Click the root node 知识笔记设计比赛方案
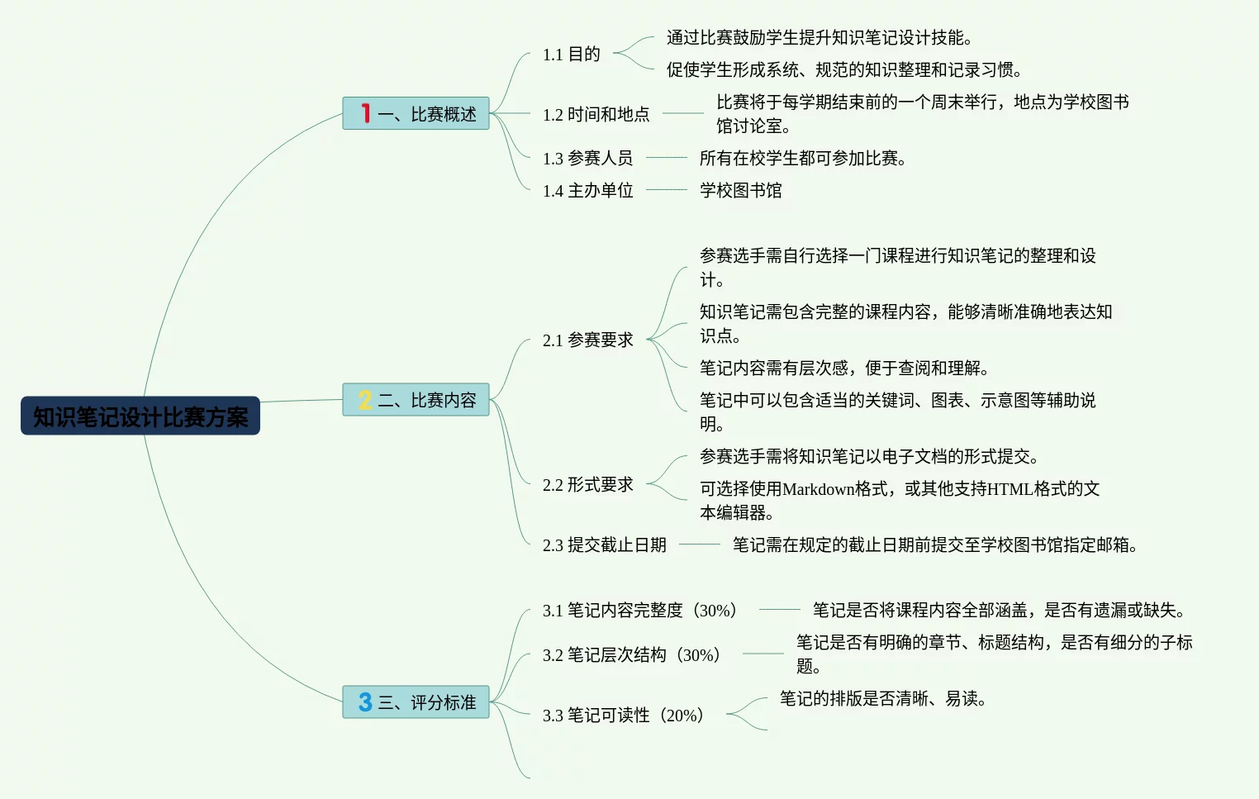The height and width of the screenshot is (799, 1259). [x=140, y=416]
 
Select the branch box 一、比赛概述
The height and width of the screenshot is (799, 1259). [x=416, y=113]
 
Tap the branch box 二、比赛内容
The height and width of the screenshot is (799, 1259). [x=416, y=400]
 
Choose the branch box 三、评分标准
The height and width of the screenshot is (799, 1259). [x=416, y=702]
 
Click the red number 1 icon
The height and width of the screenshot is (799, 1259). [x=365, y=113]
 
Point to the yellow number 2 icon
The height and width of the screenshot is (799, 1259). [x=365, y=400]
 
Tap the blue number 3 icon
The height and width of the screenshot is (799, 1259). [x=365, y=702]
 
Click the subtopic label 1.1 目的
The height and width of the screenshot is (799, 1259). [x=571, y=55]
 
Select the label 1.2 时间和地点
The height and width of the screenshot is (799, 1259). [x=596, y=114]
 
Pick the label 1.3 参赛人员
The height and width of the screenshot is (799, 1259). [x=587, y=158]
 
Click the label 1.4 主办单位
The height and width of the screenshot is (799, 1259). [x=587, y=191]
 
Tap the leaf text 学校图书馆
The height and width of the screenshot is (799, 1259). [x=740, y=191]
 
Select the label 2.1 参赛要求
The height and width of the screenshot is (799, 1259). [x=587, y=340]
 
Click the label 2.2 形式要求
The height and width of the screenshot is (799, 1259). [x=587, y=485]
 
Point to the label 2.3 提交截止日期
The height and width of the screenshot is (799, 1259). [x=604, y=545]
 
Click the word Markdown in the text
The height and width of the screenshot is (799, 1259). [x=818, y=489]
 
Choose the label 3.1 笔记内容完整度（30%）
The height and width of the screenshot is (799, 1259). [x=639, y=611]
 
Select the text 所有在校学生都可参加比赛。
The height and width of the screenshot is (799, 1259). [x=802, y=158]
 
